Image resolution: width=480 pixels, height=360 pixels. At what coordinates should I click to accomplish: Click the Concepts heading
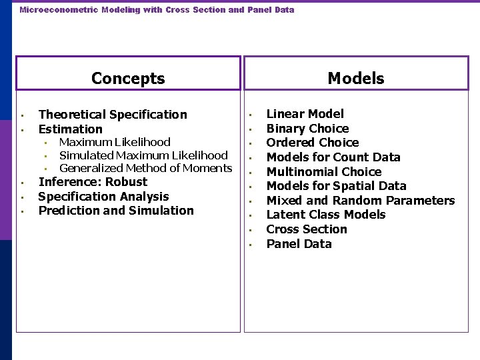[128, 79]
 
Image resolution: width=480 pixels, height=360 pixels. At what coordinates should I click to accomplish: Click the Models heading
[356, 79]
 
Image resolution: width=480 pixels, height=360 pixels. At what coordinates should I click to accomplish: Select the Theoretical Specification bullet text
[113, 115]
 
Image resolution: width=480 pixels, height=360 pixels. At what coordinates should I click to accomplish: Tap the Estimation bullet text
[70, 129]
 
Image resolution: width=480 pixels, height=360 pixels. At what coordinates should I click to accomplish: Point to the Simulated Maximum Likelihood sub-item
[143, 155]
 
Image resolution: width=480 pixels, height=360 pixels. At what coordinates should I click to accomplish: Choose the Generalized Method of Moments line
[145, 169]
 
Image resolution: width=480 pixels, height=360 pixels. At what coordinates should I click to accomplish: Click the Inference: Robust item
[93, 182]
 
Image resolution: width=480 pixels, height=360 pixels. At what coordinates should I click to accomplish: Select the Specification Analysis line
[103, 197]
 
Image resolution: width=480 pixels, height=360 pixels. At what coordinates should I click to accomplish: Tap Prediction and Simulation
[116, 211]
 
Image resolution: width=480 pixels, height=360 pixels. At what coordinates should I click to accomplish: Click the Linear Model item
[305, 114]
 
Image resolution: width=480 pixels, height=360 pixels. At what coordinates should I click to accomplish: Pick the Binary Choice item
[307, 129]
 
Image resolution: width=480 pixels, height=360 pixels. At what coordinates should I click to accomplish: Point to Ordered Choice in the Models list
[313, 143]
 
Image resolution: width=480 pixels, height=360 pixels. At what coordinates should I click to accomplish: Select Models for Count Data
[333, 157]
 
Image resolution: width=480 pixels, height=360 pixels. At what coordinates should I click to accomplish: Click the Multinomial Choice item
[324, 172]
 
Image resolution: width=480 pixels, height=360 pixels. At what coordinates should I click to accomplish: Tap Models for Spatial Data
[336, 186]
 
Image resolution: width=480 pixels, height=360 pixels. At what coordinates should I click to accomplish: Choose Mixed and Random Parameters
[360, 201]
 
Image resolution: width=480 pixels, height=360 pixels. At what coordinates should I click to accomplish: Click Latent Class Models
[326, 215]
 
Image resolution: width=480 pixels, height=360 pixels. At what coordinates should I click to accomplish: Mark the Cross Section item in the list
[307, 229]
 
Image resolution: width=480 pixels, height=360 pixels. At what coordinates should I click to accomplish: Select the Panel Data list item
[299, 244]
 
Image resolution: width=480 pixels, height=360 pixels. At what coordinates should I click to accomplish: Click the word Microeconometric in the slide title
[49, 10]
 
